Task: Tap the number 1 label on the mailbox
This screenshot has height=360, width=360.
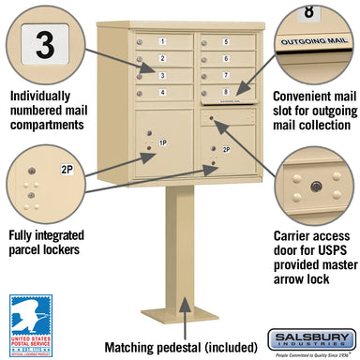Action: coord(162,42)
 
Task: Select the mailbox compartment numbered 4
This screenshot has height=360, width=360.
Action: coord(162,91)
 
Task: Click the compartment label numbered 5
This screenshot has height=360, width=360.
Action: coord(226,43)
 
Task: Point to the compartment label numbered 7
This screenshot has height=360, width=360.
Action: coord(226,75)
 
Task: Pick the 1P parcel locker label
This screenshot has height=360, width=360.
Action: coord(162,142)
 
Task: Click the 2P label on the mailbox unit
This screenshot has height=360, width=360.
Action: coord(227,149)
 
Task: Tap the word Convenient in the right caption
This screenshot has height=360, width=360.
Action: coord(293,96)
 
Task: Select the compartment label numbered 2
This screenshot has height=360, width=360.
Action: coord(162,58)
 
